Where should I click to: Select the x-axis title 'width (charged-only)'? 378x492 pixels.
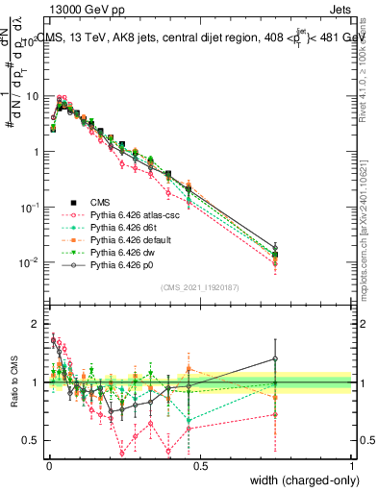point(301,480)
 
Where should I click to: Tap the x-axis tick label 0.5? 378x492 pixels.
point(199,464)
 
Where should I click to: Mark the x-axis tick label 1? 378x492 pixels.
point(352,464)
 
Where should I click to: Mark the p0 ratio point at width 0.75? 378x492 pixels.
point(275,358)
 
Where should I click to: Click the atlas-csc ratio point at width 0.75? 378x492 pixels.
point(275,415)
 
